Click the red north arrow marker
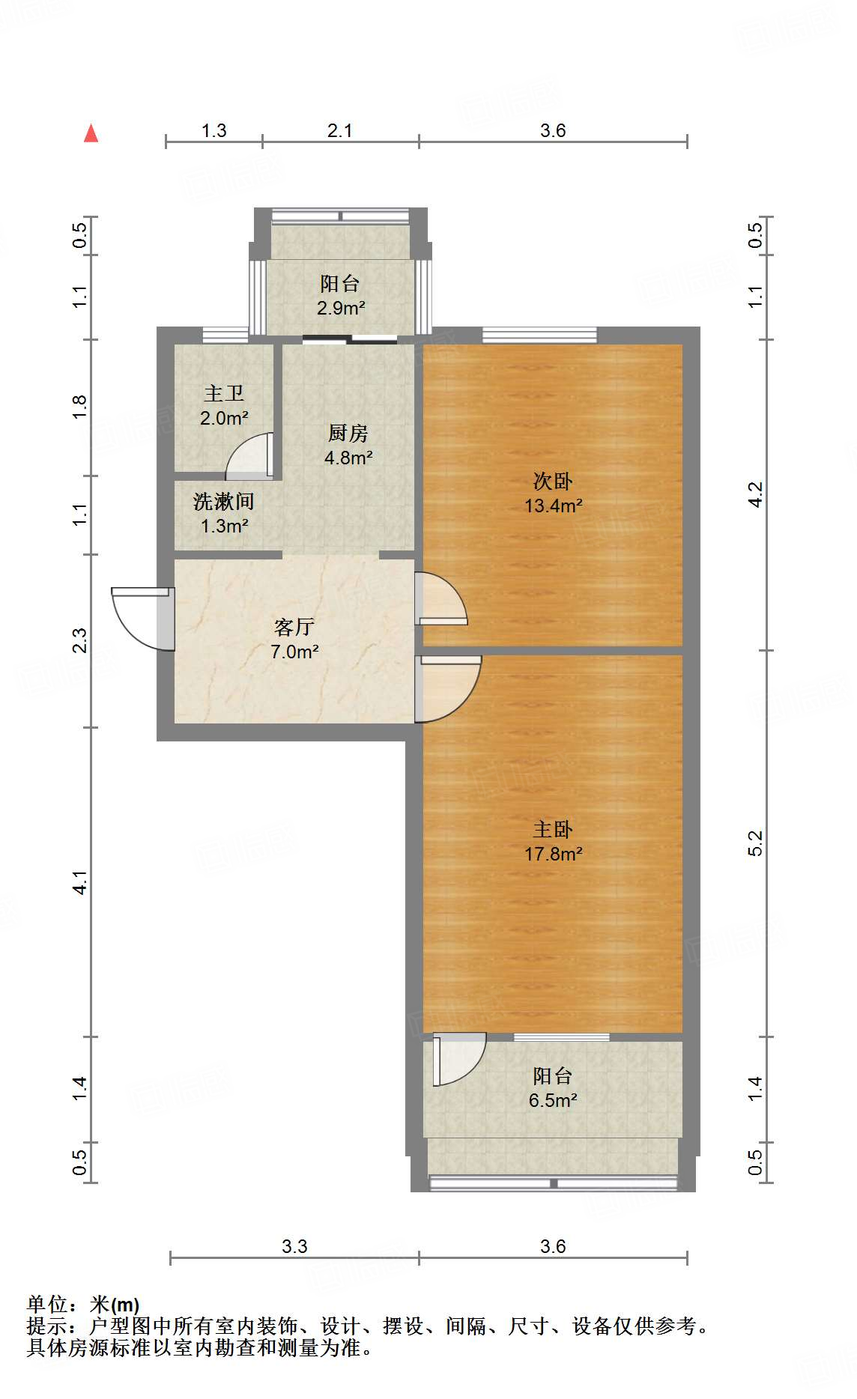(x=91, y=134)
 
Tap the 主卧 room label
(x=552, y=829)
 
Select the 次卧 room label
(x=552, y=481)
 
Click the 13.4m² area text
(x=553, y=506)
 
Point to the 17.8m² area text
(x=553, y=854)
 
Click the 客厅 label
(x=294, y=627)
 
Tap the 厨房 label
(x=348, y=433)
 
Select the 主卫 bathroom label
(x=223, y=393)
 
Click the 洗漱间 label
(x=223, y=501)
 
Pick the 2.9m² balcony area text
(x=340, y=308)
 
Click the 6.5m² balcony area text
(x=552, y=1100)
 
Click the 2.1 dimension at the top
(x=339, y=131)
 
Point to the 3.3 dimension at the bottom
(x=294, y=1247)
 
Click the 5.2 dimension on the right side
(x=755, y=843)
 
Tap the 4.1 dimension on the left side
(x=80, y=882)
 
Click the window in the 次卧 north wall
(x=539, y=335)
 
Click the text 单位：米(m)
(x=83, y=1305)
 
